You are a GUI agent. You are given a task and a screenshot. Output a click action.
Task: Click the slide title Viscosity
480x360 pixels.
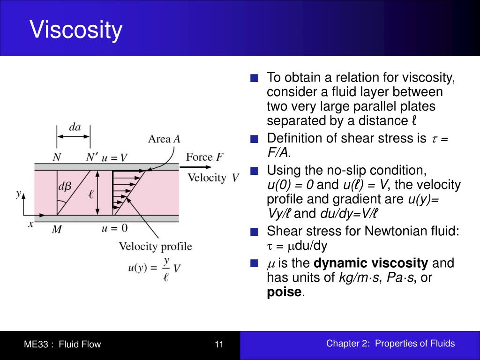76,30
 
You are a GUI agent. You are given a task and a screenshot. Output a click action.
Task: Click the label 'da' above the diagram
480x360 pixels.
75,127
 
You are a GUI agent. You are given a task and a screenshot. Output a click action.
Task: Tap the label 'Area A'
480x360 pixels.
164,139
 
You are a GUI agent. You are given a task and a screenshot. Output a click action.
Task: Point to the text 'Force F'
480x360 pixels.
204,157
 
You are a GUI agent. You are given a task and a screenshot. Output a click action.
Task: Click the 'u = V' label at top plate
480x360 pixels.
115,157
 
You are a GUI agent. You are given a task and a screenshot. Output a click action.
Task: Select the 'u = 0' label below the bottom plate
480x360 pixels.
115,228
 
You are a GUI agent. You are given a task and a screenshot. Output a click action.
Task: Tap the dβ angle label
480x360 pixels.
65,186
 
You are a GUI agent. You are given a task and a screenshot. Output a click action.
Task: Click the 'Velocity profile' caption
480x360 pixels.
155,246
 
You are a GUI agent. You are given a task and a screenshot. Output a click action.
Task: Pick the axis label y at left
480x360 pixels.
18,193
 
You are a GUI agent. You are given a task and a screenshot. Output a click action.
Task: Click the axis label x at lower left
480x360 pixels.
31,224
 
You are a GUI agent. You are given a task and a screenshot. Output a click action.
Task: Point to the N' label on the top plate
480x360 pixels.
91,157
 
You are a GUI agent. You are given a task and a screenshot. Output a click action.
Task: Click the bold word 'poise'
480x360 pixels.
284,292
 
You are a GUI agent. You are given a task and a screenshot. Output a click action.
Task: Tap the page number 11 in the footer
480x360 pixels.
219,345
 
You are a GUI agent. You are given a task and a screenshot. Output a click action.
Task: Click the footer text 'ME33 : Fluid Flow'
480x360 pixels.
62,345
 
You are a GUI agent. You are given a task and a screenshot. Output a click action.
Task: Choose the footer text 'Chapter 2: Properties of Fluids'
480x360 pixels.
390,344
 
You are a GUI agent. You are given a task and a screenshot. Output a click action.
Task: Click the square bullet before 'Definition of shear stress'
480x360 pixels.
254,139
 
